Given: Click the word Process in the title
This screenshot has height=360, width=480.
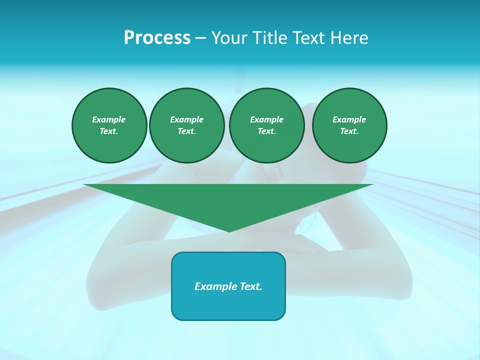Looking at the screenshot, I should click(157, 38).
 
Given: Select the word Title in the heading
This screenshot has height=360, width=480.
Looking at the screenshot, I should click(270, 38).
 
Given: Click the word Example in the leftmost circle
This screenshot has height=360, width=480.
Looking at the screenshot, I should click(109, 119).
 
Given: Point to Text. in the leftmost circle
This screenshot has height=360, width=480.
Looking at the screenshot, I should click(109, 131).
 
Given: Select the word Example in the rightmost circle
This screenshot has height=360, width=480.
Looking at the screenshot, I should click(349, 119).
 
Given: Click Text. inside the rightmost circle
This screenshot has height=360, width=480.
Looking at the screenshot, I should click(349, 131).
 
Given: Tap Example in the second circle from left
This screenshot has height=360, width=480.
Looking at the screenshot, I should click(187, 119).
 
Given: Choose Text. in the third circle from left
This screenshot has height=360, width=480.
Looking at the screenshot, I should click(267, 131).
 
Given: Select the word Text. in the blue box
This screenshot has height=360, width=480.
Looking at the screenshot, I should click(250, 286).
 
